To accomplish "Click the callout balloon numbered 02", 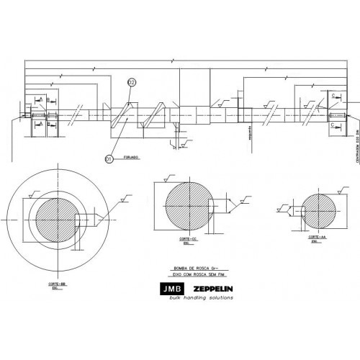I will coord(131,84).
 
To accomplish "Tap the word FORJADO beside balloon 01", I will coord(130,156).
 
